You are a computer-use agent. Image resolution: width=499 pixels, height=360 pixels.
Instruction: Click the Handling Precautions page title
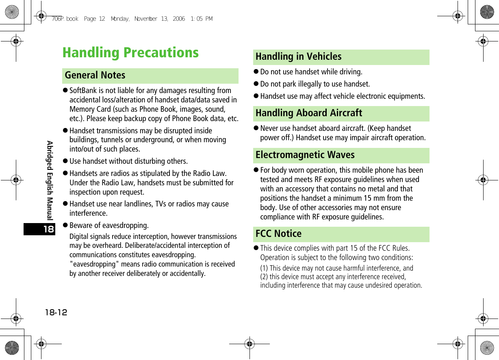[130, 53]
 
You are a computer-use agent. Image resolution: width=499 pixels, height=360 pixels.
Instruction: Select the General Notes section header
[95, 76]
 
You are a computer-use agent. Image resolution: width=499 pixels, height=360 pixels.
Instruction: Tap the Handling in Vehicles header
[298, 57]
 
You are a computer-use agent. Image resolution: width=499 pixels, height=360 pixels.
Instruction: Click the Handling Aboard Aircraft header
[308, 113]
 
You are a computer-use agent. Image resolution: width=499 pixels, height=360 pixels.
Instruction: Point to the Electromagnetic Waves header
[305, 155]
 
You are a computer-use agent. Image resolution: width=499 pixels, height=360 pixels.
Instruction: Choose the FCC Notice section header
[278, 234]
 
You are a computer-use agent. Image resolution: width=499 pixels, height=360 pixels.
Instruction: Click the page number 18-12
[56, 312]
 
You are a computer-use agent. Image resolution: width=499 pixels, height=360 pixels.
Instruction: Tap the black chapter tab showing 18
[48, 229]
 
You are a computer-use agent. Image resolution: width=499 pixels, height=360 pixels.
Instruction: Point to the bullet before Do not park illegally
[256, 85]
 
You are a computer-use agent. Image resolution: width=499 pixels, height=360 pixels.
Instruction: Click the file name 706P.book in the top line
[65, 19]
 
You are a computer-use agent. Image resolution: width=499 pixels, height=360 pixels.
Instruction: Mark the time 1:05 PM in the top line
[201, 19]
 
